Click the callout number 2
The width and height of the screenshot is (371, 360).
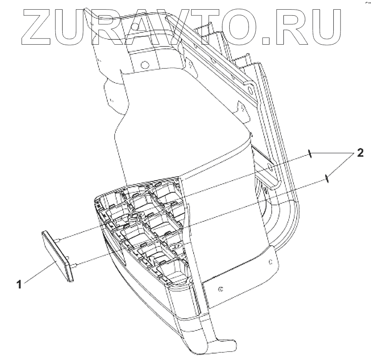pos(360,153)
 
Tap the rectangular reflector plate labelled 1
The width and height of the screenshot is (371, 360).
pos(58,254)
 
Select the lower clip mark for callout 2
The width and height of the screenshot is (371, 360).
pos(328,177)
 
